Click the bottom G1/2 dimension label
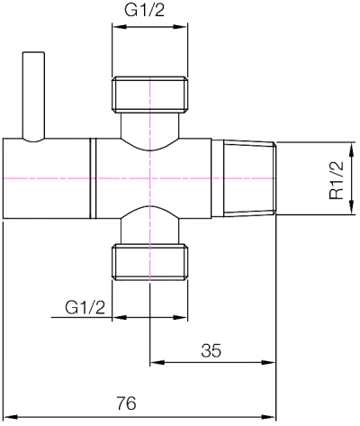pos(86,307)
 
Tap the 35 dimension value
pos(211,351)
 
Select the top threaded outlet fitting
pos(150,95)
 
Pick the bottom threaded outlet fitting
pos(150,260)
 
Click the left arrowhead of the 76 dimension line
pos(8,417)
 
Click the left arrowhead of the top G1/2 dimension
pos(116,27)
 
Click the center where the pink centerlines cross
pos(150,178)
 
